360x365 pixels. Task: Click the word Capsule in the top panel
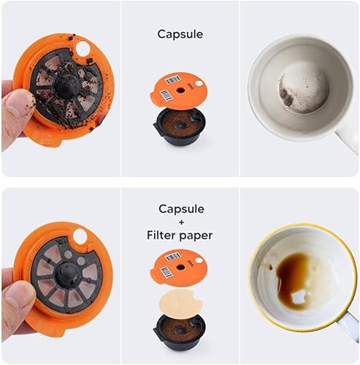[180, 34]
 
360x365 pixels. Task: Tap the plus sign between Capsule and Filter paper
[180, 223]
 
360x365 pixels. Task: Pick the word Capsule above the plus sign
[180, 209]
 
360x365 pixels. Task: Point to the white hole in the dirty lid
[82, 48]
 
